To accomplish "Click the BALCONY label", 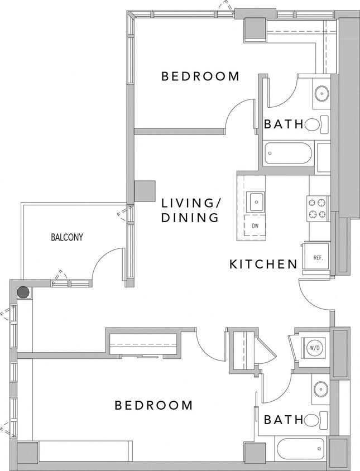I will pyautogui.click(x=67, y=237).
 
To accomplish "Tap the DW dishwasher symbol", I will pyautogui.click(x=255, y=226).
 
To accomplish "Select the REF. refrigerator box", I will pyautogui.click(x=318, y=257).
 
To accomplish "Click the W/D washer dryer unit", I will pyautogui.click(x=314, y=348).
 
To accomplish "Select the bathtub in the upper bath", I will pyautogui.click(x=289, y=153).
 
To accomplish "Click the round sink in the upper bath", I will pyautogui.click(x=321, y=93).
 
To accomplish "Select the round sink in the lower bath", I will pyautogui.click(x=321, y=389).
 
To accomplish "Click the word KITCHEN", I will pyautogui.click(x=263, y=264).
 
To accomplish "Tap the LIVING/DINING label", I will pyautogui.click(x=190, y=210).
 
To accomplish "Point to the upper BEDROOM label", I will pyautogui.click(x=200, y=76).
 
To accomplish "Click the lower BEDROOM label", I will pyautogui.click(x=153, y=405).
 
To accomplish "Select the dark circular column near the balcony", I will pyautogui.click(x=23, y=292).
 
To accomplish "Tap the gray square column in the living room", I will pyautogui.click(x=145, y=191).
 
